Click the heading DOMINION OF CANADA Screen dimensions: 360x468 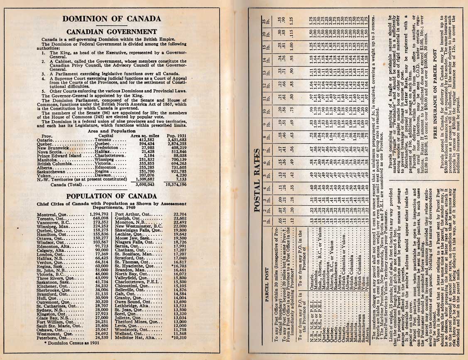111,19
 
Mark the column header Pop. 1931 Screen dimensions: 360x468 176,136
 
